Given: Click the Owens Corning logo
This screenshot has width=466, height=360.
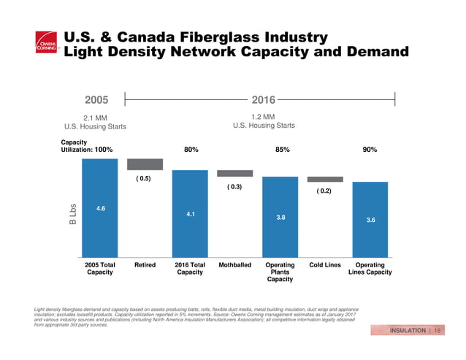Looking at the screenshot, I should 46,45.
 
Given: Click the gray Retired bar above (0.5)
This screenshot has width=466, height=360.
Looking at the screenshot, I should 145,164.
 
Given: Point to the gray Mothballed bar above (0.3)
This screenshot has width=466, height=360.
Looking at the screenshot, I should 235,173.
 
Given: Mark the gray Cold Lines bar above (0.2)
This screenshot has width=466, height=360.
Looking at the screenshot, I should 325,179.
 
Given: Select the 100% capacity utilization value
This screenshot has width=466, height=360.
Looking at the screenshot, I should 103,149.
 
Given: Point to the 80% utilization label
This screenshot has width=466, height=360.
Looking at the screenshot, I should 191,149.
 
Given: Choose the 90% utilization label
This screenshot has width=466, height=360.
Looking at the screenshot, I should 370,149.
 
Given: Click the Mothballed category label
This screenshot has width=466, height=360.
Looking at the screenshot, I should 235,265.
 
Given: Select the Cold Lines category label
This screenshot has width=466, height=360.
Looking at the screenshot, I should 325,265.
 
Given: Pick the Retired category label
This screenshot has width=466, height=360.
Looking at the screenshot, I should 145,265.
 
